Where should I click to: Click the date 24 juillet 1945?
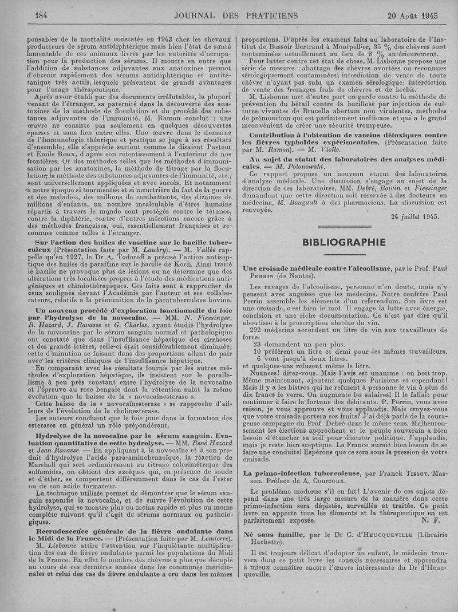(x=415, y=216)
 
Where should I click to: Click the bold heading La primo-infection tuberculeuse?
(x=302, y=473)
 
